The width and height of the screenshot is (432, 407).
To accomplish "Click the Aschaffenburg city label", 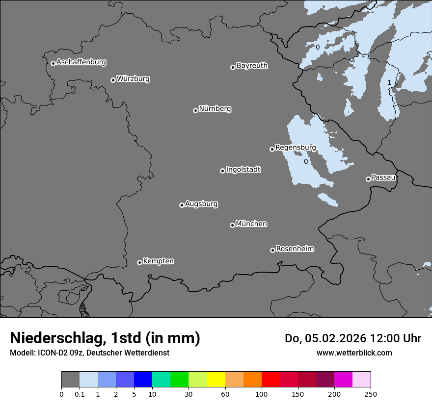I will point(81,62).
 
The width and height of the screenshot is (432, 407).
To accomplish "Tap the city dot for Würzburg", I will point(113,80).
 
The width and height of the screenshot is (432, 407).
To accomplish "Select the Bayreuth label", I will point(252,66).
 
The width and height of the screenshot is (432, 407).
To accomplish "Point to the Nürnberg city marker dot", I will point(195,110).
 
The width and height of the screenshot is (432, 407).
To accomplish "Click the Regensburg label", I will point(296,148).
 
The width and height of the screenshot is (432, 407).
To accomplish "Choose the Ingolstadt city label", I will point(243,170).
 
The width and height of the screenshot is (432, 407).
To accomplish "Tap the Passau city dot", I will point(368,179).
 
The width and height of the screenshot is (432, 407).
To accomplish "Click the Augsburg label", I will point(201,204).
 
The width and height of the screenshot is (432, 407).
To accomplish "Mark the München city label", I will point(251,224).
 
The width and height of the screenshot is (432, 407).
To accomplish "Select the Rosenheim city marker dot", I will point(272,251).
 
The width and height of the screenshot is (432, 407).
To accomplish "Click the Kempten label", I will point(158,261).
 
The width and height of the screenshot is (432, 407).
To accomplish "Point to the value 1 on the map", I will point(389,82).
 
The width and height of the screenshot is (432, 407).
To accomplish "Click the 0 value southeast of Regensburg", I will point(306,161).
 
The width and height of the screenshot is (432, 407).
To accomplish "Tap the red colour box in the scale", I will point(270,380).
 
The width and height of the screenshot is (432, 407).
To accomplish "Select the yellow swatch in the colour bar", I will point(216,380).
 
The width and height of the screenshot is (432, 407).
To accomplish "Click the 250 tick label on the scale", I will point(371,394).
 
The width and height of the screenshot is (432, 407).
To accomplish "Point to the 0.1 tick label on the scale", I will point(80,394).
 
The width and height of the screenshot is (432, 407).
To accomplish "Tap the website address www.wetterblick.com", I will point(354,353).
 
